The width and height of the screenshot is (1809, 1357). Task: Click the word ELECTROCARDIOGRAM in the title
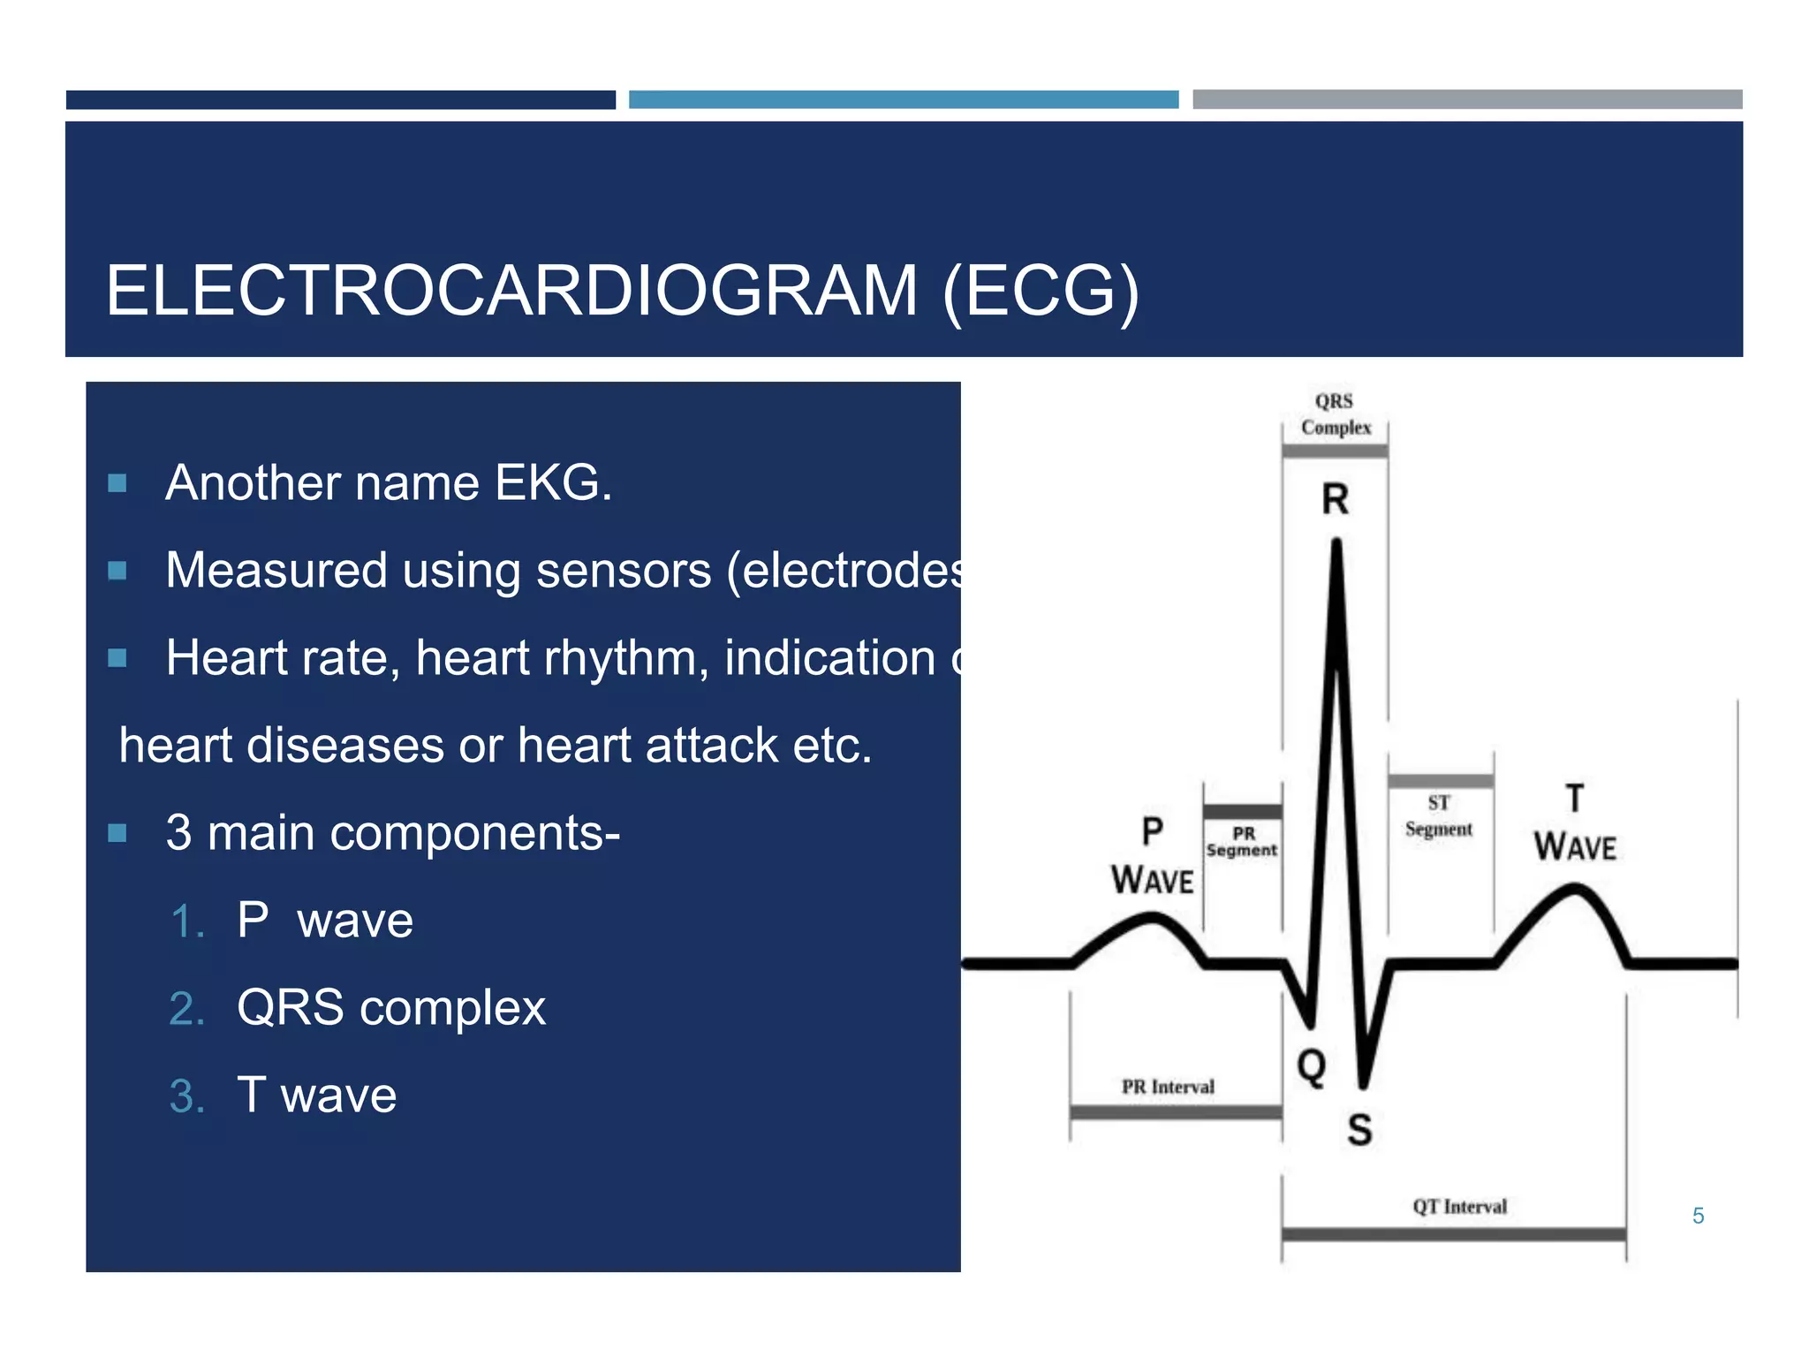(x=511, y=291)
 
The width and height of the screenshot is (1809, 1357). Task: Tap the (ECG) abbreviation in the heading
(x=1041, y=291)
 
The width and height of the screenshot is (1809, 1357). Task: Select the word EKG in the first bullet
(x=553, y=483)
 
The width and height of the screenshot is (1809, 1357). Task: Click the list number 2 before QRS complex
(x=186, y=1008)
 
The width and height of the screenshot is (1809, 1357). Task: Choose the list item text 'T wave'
(x=316, y=1095)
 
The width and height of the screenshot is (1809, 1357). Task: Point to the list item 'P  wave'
(x=324, y=921)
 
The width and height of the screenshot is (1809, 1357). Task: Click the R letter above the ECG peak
(x=1335, y=499)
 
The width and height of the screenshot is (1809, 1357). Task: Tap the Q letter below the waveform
(x=1311, y=1065)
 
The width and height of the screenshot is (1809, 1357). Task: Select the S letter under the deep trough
(x=1359, y=1130)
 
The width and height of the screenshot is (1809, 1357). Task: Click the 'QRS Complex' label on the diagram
(x=1335, y=414)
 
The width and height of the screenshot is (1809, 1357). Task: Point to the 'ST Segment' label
(x=1438, y=815)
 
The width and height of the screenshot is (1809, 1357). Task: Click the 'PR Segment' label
(x=1242, y=842)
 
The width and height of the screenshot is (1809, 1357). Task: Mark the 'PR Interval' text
(x=1168, y=1087)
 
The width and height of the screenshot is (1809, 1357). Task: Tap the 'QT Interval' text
(x=1459, y=1207)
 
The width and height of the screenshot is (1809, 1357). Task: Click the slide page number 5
(x=1698, y=1217)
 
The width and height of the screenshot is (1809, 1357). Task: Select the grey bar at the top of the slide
(x=1466, y=99)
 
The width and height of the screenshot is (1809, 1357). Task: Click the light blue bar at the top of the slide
(x=903, y=99)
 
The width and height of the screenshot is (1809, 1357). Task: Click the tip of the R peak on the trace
(x=1336, y=543)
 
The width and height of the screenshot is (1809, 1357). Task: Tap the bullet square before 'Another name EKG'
(x=117, y=483)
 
